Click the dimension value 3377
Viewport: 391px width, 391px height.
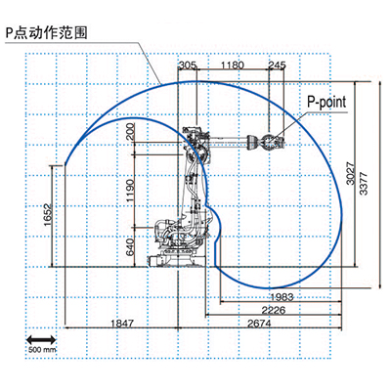pyautogui.click(x=363, y=184)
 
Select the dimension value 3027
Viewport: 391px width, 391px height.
pyautogui.click(x=350, y=173)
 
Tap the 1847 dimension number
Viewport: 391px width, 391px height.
pyautogui.click(x=122, y=324)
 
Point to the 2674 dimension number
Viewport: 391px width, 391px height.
pyautogui.click(x=259, y=324)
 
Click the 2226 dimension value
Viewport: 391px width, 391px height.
pyautogui.click(x=274, y=310)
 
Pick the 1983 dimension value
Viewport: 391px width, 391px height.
pyautogui.click(x=282, y=297)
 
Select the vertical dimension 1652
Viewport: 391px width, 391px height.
pyautogui.click(x=48, y=215)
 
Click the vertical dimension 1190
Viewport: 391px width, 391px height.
pyautogui.click(x=130, y=191)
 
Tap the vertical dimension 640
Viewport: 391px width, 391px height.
pyautogui.click(x=130, y=247)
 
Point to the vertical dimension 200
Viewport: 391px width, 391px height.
pyautogui.click(x=130, y=132)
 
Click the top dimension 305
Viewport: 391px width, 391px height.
pyautogui.click(x=188, y=65)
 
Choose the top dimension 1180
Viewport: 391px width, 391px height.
pyautogui.click(x=233, y=65)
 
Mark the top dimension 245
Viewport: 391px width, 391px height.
pyautogui.click(x=277, y=65)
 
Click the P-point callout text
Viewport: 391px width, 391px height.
pyautogui.click(x=326, y=102)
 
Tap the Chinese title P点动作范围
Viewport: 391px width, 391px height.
pyautogui.click(x=46, y=33)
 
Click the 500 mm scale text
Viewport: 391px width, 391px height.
pyautogui.click(x=42, y=350)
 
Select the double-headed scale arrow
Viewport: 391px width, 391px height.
pyautogui.click(x=41, y=340)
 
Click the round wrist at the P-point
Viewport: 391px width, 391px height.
pyautogui.click(x=271, y=142)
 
